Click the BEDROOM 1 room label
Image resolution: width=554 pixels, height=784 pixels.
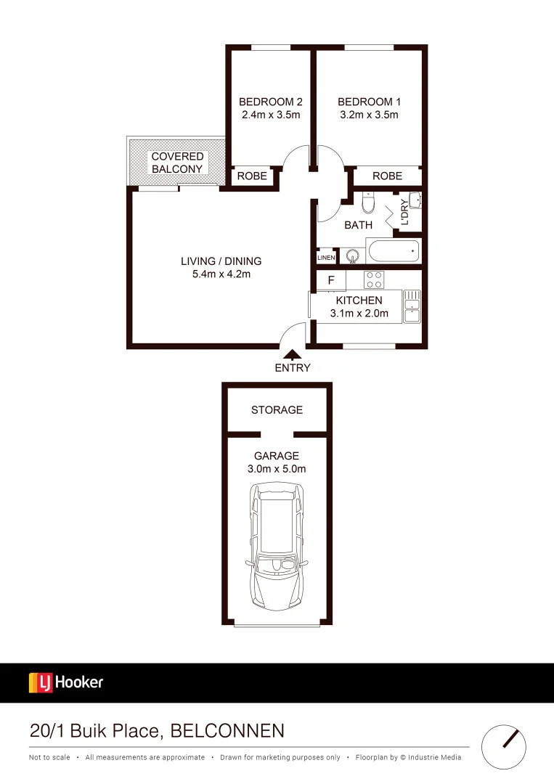coord(369,102)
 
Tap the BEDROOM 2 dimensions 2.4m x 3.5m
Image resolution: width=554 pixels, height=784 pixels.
coord(270,115)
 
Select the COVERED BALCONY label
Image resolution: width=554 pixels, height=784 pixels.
coord(177,163)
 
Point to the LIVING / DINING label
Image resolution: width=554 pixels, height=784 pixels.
coord(221,261)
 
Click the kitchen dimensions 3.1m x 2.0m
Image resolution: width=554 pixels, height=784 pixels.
coord(359,314)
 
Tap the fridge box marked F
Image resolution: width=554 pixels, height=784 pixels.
coord(331,280)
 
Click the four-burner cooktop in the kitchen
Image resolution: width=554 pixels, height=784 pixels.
coord(374,279)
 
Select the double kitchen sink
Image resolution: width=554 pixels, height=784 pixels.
coord(412,306)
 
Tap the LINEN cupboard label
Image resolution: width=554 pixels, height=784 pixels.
coord(326,257)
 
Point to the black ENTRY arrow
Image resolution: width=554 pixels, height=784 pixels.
coord(292,355)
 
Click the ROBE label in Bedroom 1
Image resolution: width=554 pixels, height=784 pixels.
coord(387,176)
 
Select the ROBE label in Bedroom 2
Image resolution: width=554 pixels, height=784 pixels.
coord(252,176)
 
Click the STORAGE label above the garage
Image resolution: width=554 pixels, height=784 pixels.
coord(277,410)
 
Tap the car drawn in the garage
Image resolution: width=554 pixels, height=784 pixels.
coord(276,548)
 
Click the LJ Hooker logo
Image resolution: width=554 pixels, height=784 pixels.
coord(66,682)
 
